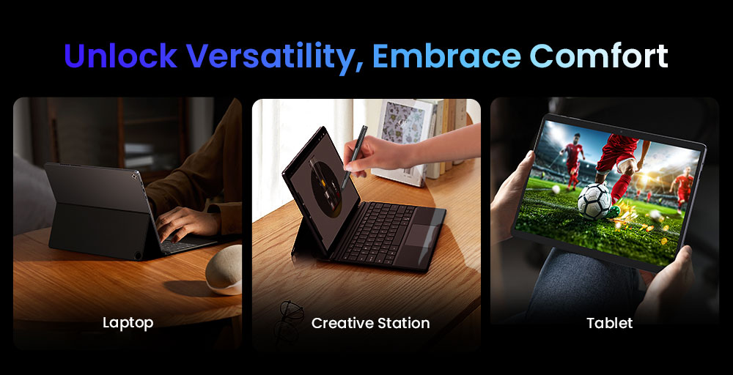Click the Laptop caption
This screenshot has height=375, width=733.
128,322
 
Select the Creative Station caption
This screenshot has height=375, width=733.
370,322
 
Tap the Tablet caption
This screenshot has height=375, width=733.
609,322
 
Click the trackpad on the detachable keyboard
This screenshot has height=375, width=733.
423,237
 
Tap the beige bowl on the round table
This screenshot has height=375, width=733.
224,268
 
